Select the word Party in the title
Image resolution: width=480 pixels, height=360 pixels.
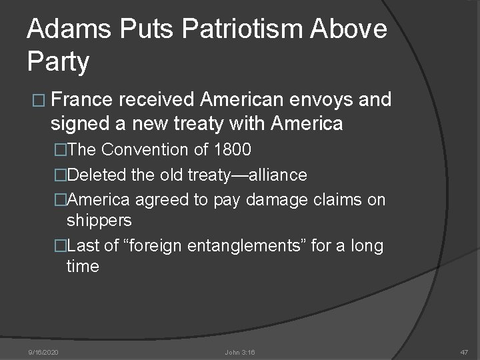click(x=58, y=61)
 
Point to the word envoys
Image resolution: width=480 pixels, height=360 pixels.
click(x=323, y=101)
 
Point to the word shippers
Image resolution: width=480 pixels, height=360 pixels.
click(x=99, y=220)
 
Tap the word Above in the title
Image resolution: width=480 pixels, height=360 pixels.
click(x=347, y=29)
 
